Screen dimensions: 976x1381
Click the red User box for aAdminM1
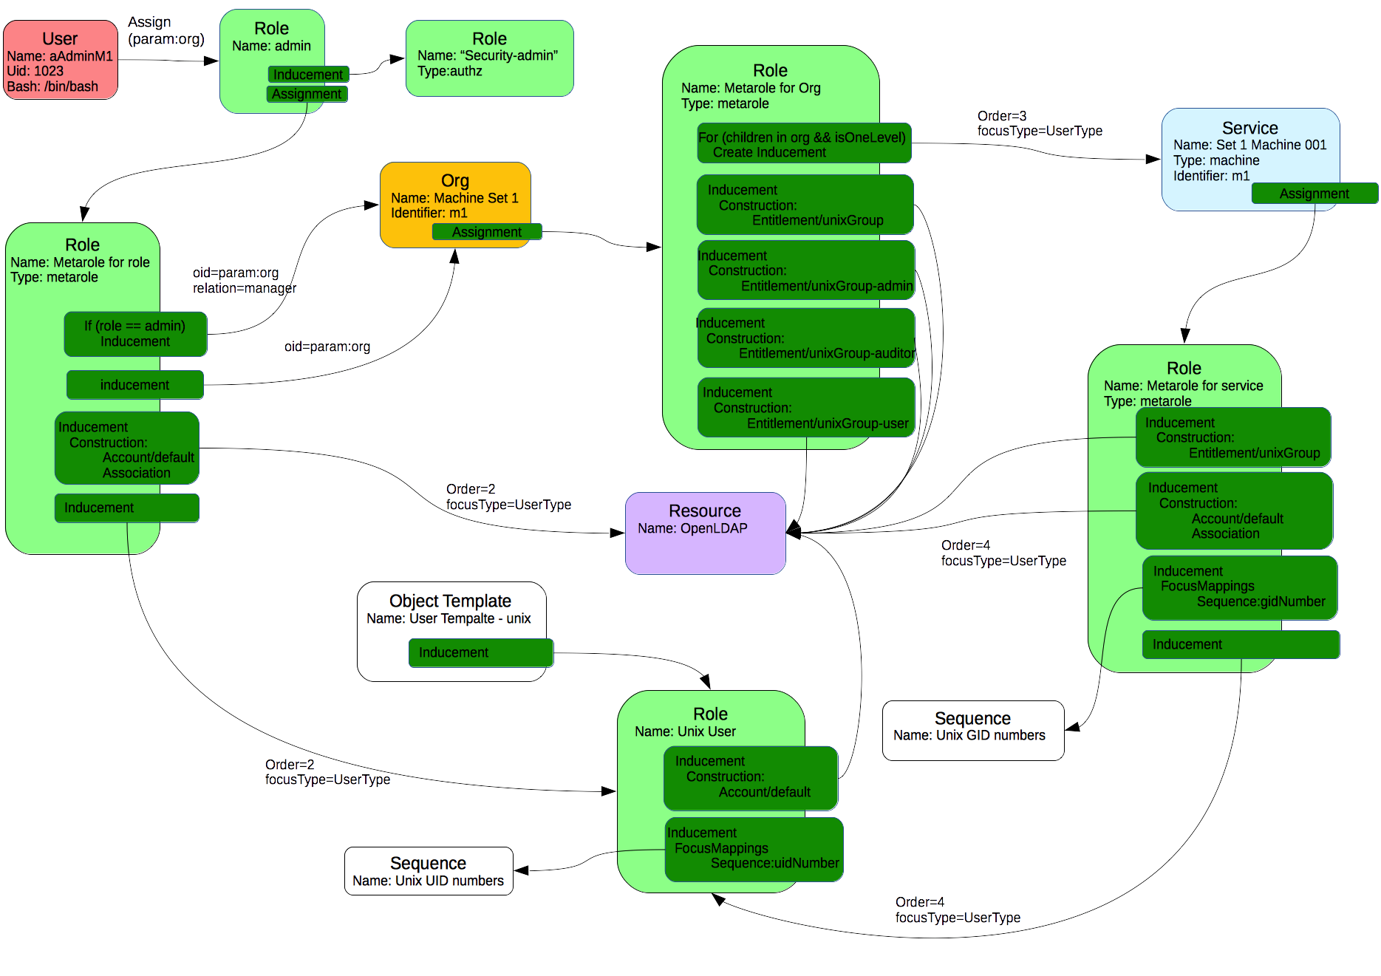[61, 60]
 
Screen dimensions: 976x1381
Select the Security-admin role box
[489, 58]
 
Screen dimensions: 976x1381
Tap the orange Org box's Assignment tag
[487, 232]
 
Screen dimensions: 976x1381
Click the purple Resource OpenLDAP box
[705, 533]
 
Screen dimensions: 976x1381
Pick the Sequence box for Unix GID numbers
[972, 730]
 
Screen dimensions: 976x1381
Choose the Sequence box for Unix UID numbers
[429, 871]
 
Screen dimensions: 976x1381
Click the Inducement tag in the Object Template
[480, 652]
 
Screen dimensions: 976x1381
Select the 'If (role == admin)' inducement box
[135, 334]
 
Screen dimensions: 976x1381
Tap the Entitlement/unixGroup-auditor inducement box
[805, 338]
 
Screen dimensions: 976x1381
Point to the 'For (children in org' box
[804, 143]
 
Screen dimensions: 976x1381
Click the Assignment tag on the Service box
[1314, 194]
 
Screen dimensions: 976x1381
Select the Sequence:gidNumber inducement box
[1239, 587]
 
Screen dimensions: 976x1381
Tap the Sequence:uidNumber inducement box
[754, 849]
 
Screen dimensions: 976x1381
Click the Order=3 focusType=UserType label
[1039, 123]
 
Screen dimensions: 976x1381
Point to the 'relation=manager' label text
[245, 288]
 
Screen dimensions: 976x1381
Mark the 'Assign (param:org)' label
[166, 30]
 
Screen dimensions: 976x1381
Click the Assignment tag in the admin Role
[307, 94]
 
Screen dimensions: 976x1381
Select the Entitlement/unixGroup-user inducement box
[805, 407]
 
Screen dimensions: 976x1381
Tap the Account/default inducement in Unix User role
[751, 777]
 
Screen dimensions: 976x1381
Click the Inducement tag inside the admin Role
[308, 75]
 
